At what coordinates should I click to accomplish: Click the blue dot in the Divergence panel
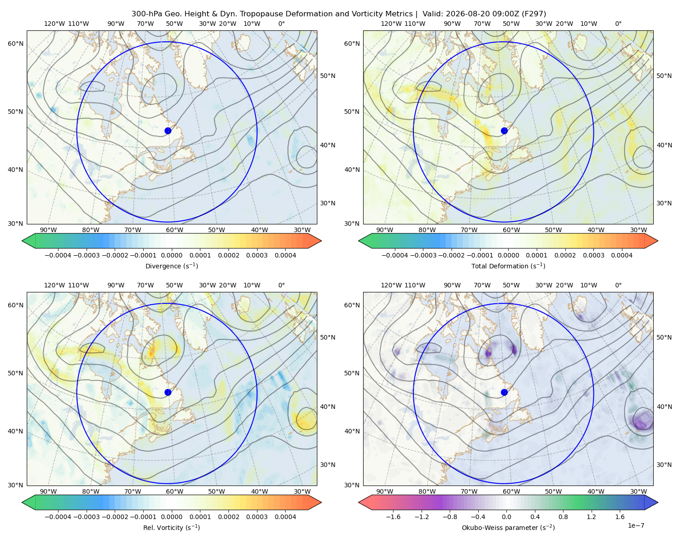168,131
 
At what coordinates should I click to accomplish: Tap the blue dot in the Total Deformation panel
504,131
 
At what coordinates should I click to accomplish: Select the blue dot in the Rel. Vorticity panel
168,392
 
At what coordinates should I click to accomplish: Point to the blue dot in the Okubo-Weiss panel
504,392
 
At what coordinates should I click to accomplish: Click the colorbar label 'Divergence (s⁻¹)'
171,266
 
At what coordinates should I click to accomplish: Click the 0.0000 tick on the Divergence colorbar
171,255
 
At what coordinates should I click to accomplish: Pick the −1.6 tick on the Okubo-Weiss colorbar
393,516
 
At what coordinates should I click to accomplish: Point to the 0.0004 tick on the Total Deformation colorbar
622,255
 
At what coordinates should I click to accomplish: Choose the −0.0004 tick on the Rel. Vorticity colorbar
58,516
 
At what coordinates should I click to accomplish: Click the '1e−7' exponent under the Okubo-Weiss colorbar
636,525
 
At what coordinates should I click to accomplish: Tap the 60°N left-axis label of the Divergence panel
15,44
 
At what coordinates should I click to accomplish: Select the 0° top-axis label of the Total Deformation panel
618,24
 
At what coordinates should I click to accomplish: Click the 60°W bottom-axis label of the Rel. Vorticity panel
175,491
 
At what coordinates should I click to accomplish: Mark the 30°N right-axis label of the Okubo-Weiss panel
664,464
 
